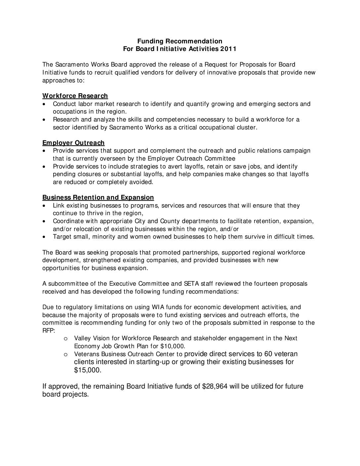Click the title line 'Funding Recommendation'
(x=180, y=41)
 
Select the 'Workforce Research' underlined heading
(x=75, y=96)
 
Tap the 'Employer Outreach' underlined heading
(x=73, y=143)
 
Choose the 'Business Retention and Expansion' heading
(x=98, y=198)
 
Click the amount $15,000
(x=87, y=370)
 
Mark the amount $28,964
(x=215, y=387)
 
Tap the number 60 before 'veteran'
(x=268, y=354)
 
